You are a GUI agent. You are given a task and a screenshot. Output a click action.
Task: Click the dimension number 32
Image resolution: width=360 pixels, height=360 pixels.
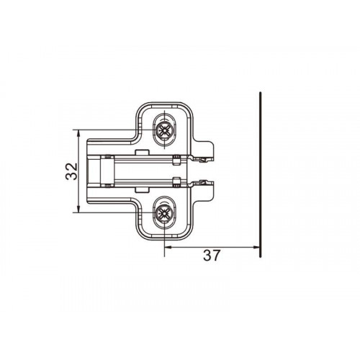point(71,171)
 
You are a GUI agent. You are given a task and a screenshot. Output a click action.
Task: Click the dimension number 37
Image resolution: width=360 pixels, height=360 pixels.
point(212,256)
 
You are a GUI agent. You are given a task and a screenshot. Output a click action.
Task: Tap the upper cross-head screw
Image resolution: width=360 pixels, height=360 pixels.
point(164,130)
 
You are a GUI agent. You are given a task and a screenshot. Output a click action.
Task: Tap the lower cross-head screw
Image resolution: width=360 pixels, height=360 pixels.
point(164,212)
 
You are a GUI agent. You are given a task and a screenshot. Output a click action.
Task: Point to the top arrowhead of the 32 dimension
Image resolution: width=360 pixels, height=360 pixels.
point(78,134)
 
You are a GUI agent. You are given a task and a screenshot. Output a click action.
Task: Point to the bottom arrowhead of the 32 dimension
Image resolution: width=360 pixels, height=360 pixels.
point(78,208)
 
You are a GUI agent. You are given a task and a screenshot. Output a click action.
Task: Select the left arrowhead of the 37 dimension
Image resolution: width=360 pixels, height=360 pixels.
point(168,247)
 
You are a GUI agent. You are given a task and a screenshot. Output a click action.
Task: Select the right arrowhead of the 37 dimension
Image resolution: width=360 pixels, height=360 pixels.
point(256,247)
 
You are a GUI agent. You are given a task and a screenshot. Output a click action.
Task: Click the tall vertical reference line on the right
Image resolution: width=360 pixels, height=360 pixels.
point(261,174)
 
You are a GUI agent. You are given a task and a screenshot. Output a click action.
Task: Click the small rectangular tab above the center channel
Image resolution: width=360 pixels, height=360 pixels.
point(142,152)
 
